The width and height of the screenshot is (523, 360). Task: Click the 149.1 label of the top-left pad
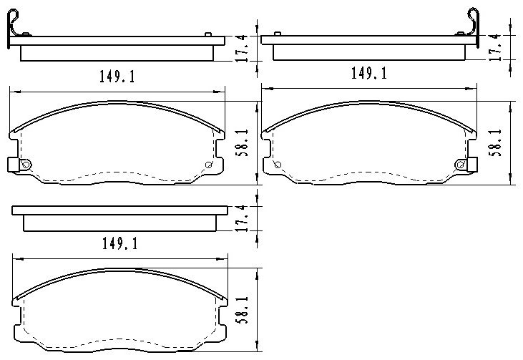(x=117, y=77)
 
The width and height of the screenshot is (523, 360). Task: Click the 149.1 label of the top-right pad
(x=369, y=73)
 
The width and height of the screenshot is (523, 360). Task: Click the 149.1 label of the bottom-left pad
(x=119, y=244)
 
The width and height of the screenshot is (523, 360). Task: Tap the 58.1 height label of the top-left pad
(x=242, y=143)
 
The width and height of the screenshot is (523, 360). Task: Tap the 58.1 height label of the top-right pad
(x=495, y=142)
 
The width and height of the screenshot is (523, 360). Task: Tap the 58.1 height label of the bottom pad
(x=242, y=310)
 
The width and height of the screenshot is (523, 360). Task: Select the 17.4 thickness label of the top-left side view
(x=243, y=48)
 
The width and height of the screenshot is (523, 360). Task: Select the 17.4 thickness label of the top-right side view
(x=495, y=47)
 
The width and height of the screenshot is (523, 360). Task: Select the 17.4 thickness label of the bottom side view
(x=243, y=218)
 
